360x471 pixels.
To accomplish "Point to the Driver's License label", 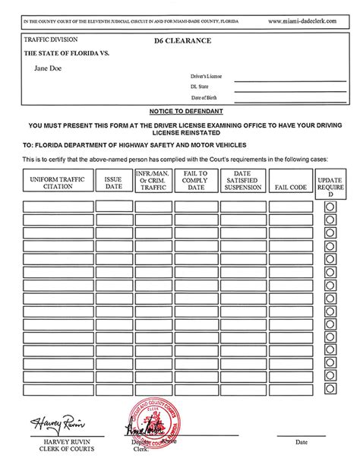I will [x=207, y=77].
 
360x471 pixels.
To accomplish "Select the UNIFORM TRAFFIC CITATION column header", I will [x=58, y=182].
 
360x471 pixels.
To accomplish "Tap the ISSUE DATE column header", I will [x=114, y=182].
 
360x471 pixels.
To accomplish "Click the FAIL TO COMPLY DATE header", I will [x=196, y=182].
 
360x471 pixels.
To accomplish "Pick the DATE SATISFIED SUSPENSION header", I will [x=243, y=182].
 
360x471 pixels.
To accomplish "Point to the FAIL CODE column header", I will [x=291, y=186].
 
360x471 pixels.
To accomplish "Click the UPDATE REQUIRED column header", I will [x=330, y=183].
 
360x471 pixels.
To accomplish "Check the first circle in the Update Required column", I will [x=330, y=207].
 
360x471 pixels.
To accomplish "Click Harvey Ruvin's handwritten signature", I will [x=57, y=423].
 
